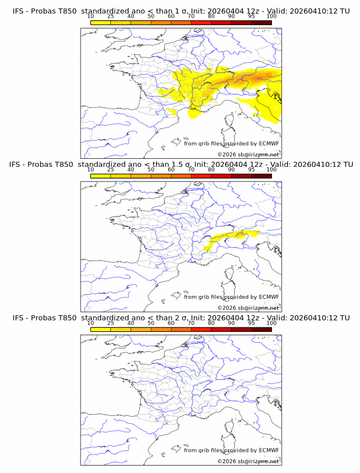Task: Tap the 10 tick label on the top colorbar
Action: tap(91, 16)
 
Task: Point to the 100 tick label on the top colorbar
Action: tap(271, 16)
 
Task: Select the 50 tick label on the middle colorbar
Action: tap(151, 170)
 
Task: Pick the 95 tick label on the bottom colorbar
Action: tap(251, 323)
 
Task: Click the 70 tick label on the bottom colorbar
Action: tap(191, 323)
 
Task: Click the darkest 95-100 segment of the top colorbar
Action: tap(261, 22)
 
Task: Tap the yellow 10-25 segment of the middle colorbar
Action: tap(101, 176)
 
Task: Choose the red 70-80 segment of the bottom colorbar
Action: tap(201, 329)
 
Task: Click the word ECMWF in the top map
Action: tap(269, 143)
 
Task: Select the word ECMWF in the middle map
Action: tap(269, 297)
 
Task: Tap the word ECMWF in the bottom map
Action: tap(269, 450)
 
